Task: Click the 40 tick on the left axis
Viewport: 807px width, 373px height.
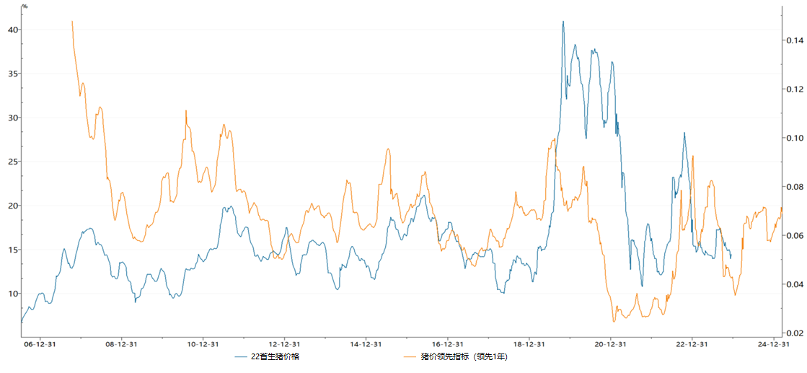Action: tap(12, 30)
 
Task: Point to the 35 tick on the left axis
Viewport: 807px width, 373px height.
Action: tap(12, 74)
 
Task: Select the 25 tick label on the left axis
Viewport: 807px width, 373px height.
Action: tap(12, 162)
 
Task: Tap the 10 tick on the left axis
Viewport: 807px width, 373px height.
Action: tap(12, 294)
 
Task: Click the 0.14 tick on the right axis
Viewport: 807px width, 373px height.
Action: tap(794, 40)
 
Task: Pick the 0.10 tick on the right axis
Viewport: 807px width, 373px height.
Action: tap(794, 138)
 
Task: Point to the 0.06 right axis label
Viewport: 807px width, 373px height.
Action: tap(794, 236)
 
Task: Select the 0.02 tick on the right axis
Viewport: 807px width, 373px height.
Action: tap(794, 333)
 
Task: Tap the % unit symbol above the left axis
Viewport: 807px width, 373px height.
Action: tap(25, 6)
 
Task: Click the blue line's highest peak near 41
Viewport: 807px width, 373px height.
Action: tap(563, 22)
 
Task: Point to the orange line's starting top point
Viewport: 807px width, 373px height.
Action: tap(72, 21)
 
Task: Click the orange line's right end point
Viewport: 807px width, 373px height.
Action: tap(782, 208)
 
